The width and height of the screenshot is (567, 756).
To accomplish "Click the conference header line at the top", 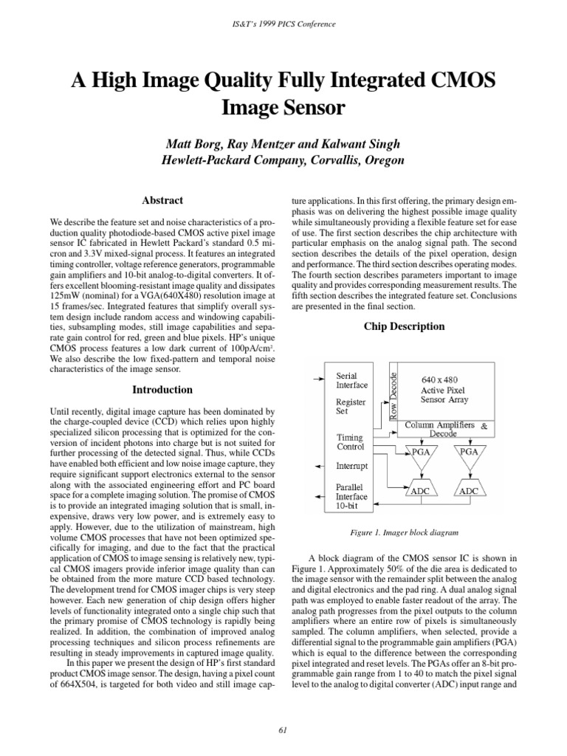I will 283,24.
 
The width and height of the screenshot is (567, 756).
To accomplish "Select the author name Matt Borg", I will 198,142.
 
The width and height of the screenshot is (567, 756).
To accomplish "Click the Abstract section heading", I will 162,200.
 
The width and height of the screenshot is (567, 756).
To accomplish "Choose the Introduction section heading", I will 162,389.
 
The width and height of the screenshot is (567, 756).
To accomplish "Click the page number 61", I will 283,730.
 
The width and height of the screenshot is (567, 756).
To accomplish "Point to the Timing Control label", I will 351,441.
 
